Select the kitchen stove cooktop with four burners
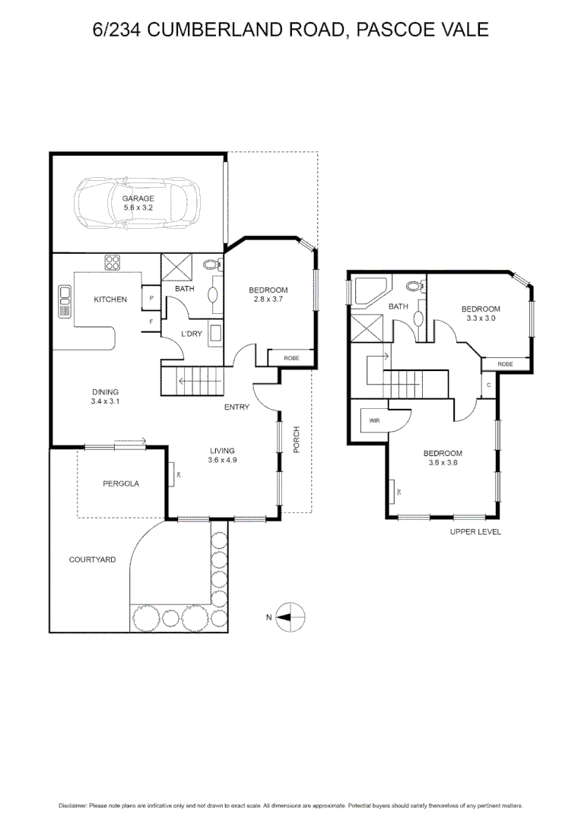click(113, 262)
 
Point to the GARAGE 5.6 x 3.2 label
click(138, 203)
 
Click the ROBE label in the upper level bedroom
click(505, 364)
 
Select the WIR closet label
click(374, 420)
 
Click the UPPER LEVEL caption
click(475, 532)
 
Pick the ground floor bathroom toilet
click(213, 265)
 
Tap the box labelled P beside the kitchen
click(152, 299)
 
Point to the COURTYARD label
click(92, 559)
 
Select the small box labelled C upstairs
click(489, 385)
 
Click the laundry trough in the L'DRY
click(215, 334)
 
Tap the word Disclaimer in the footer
click(72, 806)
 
